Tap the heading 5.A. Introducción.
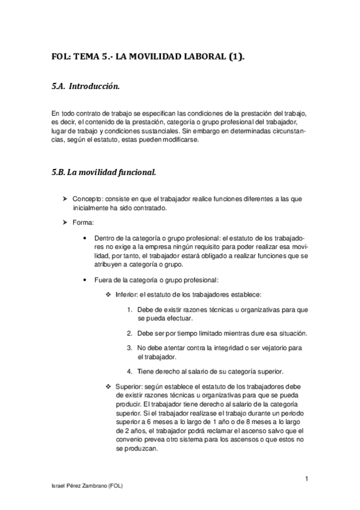[x=85, y=87]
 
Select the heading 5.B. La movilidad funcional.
[x=103, y=172]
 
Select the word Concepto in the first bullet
[x=87, y=198]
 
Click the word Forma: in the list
[x=82, y=223]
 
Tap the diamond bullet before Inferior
[x=108, y=294]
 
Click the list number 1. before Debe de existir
[x=130, y=310]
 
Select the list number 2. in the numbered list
[x=130, y=333]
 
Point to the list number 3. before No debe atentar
[x=130, y=348]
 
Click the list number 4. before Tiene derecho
[x=130, y=371]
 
